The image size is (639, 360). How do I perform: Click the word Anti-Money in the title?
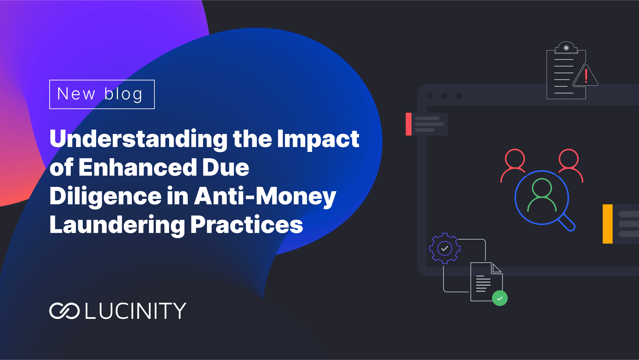[x=265, y=196]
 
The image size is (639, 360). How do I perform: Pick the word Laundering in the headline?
[x=117, y=225]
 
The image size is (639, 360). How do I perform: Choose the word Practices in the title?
[x=247, y=224]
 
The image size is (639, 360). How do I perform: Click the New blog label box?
[x=102, y=94]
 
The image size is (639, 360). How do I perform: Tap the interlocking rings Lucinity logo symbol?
[x=64, y=311]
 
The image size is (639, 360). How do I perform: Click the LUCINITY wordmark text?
[x=135, y=311]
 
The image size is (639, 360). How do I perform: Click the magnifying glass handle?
[x=567, y=223]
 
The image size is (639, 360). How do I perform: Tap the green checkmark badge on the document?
[x=500, y=298]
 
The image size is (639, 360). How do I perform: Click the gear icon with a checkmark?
[x=445, y=248]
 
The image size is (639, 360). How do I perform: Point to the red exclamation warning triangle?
[x=586, y=75]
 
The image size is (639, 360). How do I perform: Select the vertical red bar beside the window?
[x=409, y=124]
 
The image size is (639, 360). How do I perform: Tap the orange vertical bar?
[x=608, y=224]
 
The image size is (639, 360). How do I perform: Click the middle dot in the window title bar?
[x=444, y=96]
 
